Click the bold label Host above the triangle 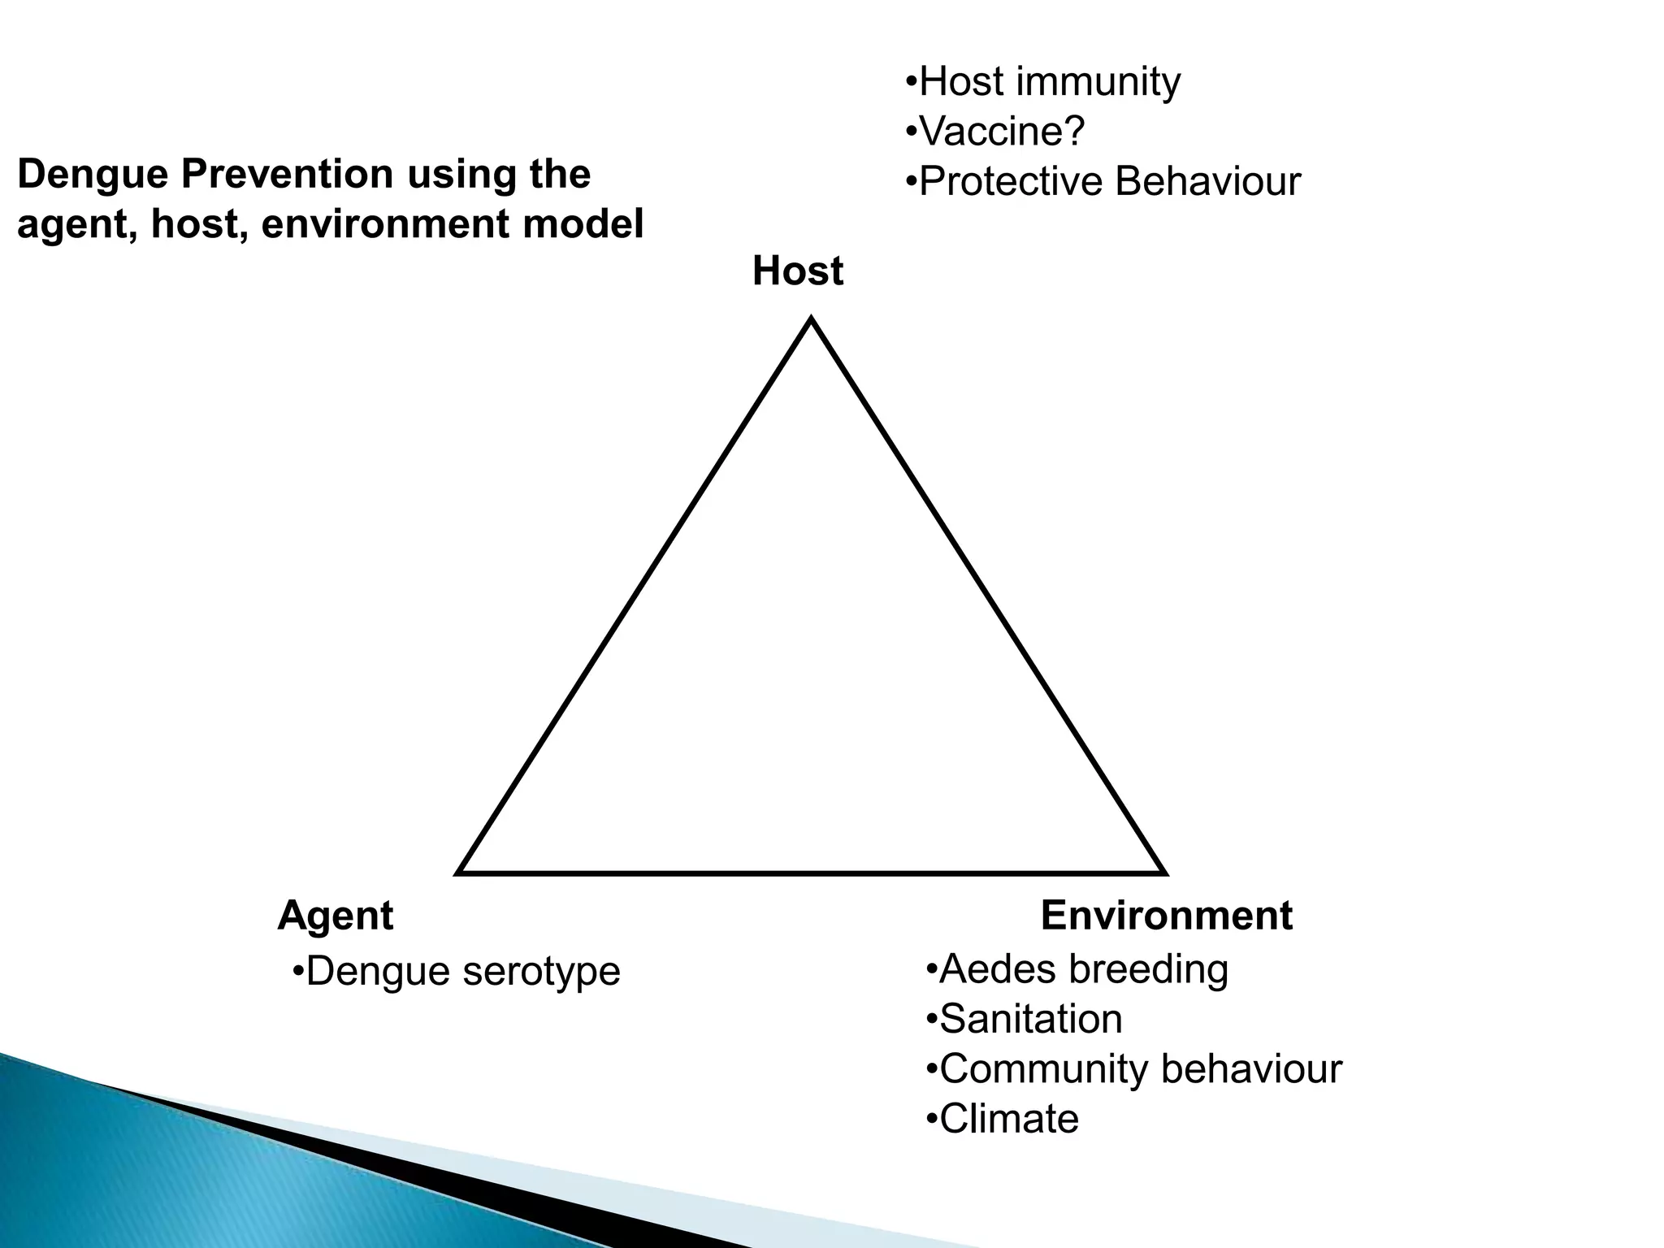[x=797, y=271]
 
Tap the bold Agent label [x=335, y=916]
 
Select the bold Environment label [x=1166, y=916]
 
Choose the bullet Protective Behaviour [x=1103, y=181]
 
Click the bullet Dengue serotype [x=456, y=971]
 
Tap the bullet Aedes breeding [x=1077, y=969]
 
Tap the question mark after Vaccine [x=1074, y=132]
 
